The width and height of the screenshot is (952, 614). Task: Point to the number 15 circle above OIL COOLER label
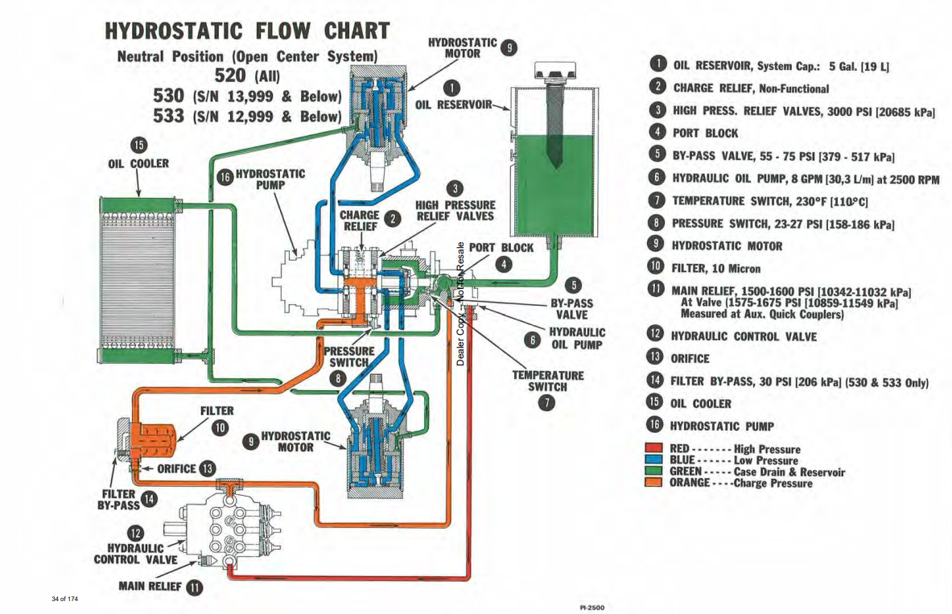point(138,146)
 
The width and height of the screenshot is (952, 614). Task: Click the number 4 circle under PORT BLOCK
point(502,263)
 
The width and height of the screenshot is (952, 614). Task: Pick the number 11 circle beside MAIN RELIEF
point(194,587)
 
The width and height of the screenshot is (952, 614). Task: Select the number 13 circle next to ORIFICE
point(208,468)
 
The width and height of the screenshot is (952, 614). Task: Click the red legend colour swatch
point(654,449)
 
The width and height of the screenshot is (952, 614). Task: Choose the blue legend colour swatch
point(654,460)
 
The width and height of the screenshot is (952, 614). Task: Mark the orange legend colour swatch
point(654,483)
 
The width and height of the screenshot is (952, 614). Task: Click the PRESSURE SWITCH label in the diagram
point(349,356)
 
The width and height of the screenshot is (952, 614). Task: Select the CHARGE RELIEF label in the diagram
point(360,221)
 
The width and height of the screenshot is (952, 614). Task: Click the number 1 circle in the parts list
point(658,65)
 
